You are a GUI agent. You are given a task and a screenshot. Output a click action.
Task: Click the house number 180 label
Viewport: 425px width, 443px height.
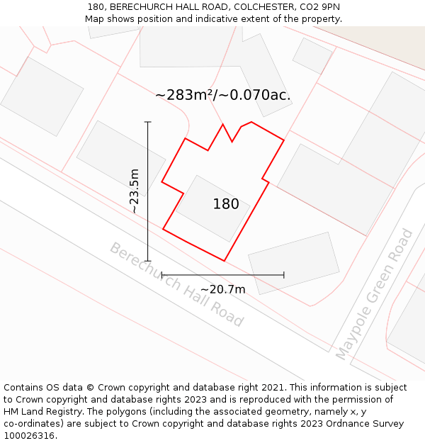(226, 204)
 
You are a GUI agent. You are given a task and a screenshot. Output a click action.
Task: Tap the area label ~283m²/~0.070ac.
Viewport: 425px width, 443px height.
(222, 95)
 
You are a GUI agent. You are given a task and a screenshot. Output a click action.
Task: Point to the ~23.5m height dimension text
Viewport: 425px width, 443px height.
(134, 191)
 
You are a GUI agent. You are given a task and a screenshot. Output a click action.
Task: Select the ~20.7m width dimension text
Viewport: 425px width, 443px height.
(222, 289)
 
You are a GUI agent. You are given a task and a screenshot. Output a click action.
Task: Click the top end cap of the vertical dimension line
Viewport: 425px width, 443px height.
(148, 122)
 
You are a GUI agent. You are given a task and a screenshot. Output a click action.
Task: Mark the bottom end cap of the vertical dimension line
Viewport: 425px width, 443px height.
(148, 261)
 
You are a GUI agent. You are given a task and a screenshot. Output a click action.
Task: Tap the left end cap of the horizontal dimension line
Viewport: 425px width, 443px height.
(161, 275)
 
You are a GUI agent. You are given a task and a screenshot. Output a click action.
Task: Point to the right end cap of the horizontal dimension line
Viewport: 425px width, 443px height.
(284, 275)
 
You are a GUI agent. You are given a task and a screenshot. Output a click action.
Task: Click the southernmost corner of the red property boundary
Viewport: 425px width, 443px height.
(225, 261)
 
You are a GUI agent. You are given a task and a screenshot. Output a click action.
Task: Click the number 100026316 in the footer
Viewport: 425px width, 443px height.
(29, 435)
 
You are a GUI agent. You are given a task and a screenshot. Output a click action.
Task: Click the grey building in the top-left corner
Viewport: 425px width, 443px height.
(42, 96)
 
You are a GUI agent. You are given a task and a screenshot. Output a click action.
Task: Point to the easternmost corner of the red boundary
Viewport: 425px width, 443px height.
(284, 140)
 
